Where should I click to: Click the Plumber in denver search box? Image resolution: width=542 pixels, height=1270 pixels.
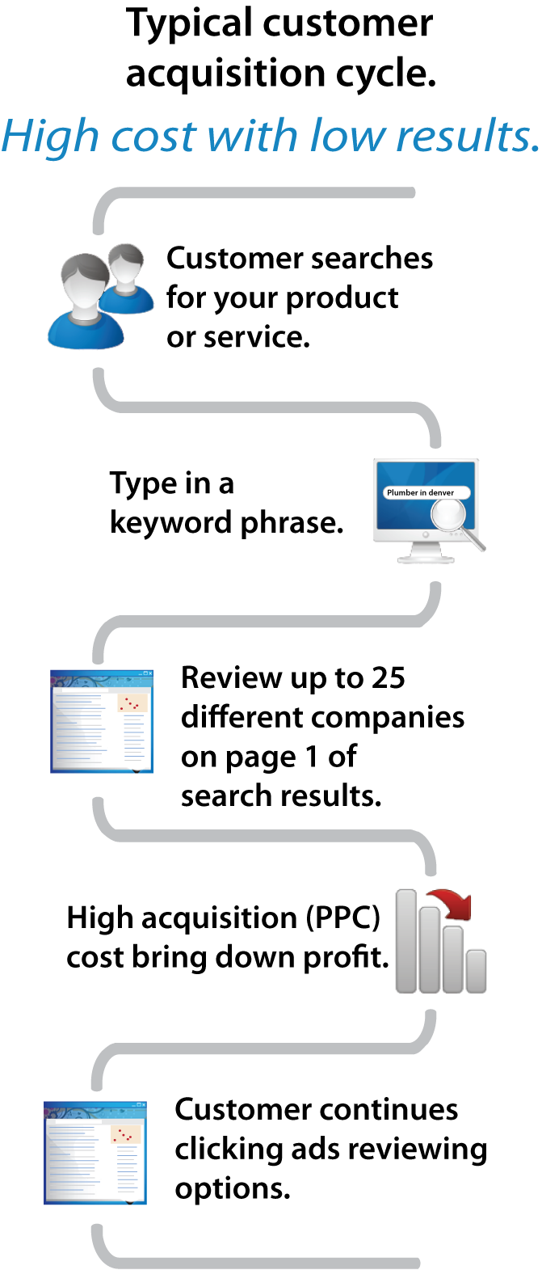point(421,492)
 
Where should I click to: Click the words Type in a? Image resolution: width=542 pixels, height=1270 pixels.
point(172,483)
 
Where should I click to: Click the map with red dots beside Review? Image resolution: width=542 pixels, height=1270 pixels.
point(133,703)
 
